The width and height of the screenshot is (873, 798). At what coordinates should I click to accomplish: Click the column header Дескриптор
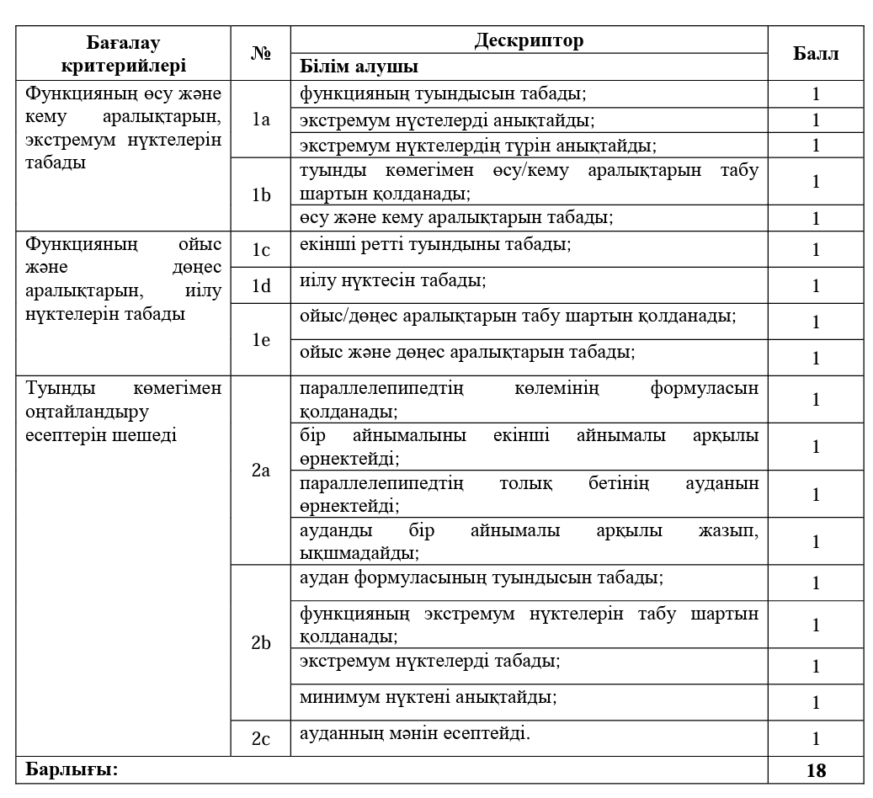(x=529, y=40)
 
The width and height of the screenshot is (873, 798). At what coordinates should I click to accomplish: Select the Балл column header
(x=816, y=54)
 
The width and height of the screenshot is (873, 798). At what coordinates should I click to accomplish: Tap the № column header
(x=261, y=53)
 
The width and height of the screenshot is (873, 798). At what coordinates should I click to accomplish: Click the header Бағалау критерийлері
(x=124, y=53)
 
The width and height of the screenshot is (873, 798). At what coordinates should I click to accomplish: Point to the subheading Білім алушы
(x=359, y=66)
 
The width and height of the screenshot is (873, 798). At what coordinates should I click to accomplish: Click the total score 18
(x=816, y=770)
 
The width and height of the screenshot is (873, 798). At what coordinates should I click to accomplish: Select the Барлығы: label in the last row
(x=72, y=769)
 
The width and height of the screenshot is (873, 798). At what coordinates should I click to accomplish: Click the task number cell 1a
(x=261, y=119)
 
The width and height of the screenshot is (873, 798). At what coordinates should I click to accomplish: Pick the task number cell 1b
(x=261, y=194)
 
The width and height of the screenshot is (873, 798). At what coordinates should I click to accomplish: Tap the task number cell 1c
(x=261, y=249)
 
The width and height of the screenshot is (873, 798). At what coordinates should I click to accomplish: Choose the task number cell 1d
(x=261, y=285)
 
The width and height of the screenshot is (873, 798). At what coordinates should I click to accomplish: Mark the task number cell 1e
(x=261, y=339)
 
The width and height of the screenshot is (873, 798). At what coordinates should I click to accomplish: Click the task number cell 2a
(x=261, y=471)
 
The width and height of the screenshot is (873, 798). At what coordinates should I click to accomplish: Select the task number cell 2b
(x=261, y=643)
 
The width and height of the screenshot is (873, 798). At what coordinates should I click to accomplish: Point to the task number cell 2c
(x=261, y=738)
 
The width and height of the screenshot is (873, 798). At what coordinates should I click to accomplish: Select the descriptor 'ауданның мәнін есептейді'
(x=415, y=733)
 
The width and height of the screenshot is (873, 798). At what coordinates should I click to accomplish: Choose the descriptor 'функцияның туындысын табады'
(x=443, y=93)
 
